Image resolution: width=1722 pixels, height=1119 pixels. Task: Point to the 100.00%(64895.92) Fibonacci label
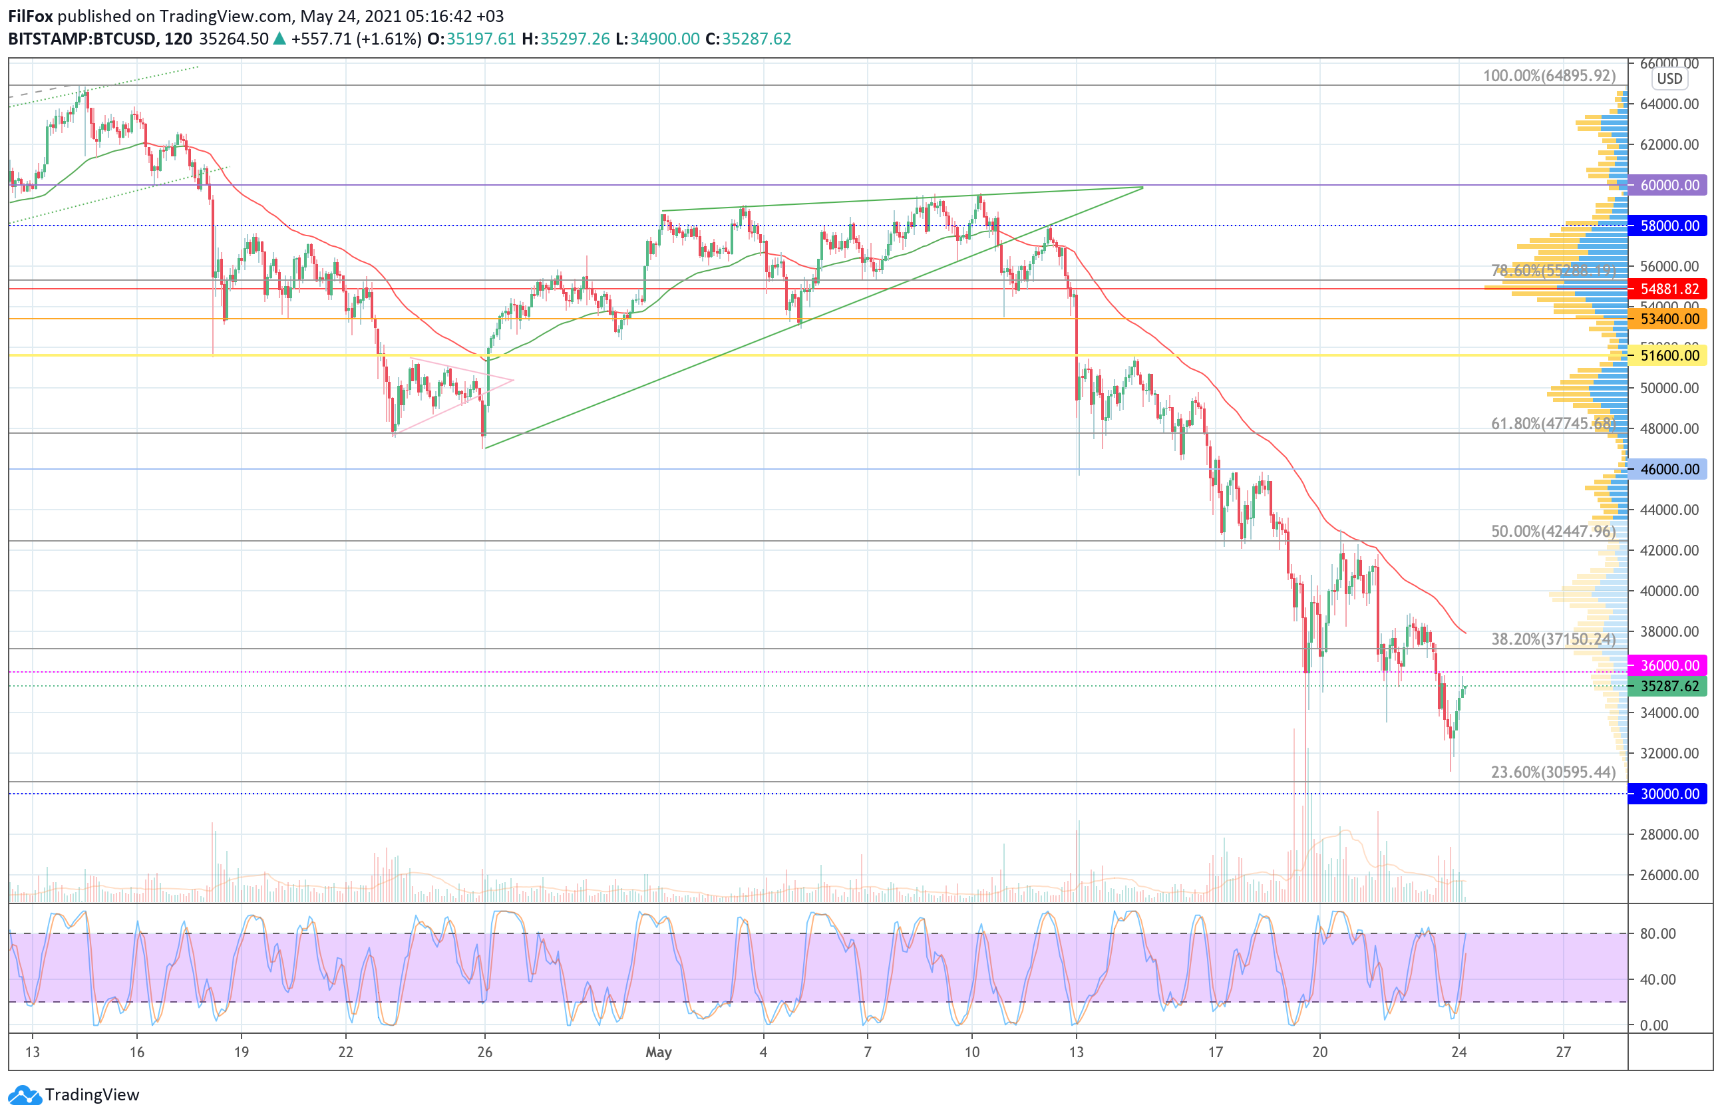tap(1548, 76)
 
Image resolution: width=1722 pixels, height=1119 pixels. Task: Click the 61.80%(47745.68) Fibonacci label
tap(1553, 424)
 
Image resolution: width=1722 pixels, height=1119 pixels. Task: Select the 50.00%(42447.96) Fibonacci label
tap(1553, 532)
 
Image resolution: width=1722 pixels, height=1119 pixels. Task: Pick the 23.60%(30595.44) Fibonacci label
tap(1553, 772)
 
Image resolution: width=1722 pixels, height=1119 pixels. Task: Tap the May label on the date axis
tap(659, 1052)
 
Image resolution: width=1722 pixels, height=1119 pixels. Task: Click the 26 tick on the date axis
tap(485, 1052)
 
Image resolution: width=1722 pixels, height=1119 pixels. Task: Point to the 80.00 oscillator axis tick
tap(1657, 934)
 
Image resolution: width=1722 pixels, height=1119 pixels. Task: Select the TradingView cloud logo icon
tap(25, 1095)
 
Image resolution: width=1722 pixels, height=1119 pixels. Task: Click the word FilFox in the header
tap(31, 16)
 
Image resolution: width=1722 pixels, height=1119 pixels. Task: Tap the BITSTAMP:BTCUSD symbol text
tap(82, 39)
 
